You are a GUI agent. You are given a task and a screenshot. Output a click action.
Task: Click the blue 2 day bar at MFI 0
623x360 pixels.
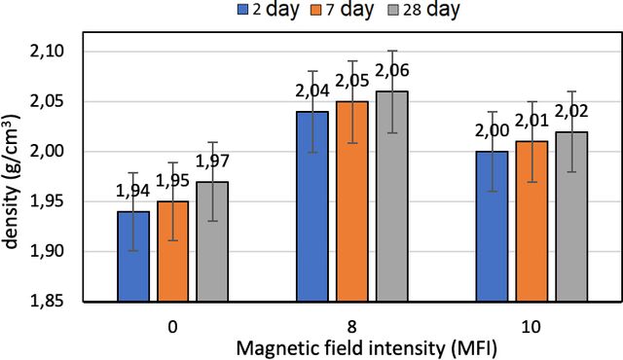133,257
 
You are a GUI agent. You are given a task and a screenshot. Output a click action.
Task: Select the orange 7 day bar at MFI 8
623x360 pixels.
352,201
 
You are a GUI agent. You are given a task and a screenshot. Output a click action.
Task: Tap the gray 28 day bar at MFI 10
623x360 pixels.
571,217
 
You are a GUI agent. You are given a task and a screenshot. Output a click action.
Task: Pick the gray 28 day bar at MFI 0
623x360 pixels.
212,241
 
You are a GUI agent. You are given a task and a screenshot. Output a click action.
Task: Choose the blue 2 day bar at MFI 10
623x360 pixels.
493,227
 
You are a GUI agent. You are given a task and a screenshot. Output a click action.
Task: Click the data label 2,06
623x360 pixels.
391,71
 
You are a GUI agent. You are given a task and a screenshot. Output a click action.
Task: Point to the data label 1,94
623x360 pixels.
132,191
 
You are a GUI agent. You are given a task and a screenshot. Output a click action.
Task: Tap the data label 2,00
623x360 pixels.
492,130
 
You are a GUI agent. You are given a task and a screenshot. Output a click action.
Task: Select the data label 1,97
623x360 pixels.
212,161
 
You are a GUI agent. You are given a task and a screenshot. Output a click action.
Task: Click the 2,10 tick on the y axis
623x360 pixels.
47,52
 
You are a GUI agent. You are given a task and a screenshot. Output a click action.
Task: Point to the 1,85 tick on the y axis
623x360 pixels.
47,302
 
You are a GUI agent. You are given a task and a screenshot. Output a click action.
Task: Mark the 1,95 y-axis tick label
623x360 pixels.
47,201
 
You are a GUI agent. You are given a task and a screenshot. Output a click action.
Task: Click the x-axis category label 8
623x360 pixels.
352,327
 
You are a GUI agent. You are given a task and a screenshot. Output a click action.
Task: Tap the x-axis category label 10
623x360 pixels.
531,327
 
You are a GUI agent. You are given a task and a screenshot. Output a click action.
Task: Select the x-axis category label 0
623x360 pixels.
173,327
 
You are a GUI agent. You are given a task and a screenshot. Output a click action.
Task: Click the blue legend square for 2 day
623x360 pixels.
242,10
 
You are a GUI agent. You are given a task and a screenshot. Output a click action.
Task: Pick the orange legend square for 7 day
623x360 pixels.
316,10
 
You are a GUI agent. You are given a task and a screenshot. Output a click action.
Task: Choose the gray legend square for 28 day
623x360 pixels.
392,10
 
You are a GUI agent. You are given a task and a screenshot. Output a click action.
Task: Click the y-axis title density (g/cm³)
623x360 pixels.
11,181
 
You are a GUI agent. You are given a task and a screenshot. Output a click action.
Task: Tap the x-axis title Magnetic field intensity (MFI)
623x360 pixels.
366,348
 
